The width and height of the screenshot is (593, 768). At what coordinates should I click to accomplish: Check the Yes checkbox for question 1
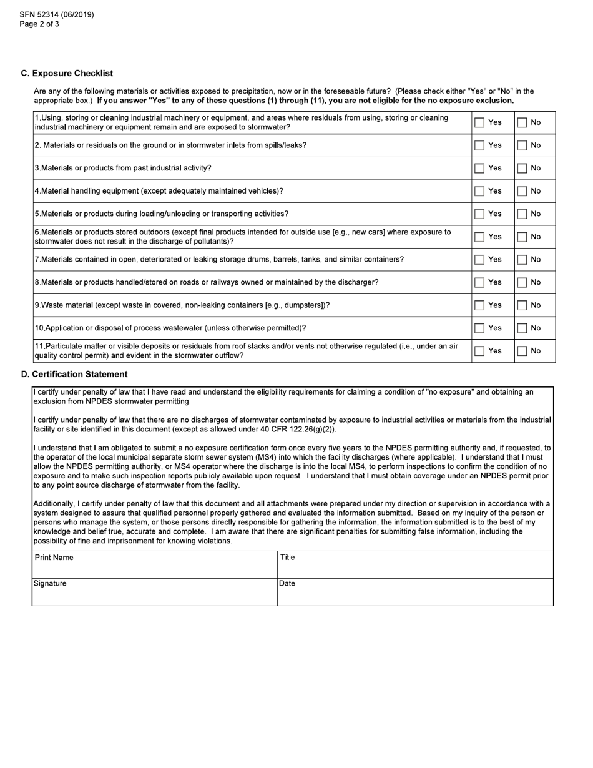tap(479, 122)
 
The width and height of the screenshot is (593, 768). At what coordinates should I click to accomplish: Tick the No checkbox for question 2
tap(522, 145)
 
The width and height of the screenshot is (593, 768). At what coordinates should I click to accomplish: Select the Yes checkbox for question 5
tap(479, 214)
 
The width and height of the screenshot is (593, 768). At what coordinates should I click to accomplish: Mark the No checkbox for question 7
tap(522, 260)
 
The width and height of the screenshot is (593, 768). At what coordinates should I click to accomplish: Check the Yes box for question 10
tap(479, 328)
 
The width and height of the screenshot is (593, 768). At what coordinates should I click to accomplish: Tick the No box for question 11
tap(522, 352)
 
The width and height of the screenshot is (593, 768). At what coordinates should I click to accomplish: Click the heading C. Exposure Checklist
tap(67, 74)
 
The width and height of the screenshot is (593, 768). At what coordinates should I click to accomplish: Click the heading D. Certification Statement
tap(74, 374)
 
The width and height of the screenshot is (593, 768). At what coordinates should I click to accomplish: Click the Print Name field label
tap(54, 558)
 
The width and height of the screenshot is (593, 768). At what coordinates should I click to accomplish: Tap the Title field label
tap(287, 558)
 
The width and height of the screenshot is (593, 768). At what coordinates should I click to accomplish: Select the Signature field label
tap(50, 584)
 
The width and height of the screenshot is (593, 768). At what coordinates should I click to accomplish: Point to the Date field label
tap(287, 584)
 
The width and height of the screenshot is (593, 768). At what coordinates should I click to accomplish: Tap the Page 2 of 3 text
tap(39, 24)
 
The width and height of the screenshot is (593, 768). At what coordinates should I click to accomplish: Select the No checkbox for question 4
tap(522, 191)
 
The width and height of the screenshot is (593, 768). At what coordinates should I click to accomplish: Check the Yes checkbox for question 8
tap(479, 283)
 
